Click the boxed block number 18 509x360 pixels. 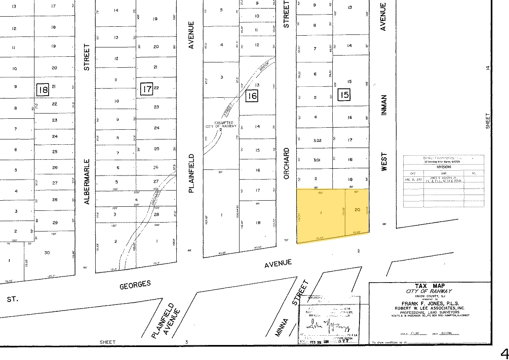[43, 90]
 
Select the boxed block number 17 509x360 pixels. [146, 89]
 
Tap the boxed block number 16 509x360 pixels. [252, 96]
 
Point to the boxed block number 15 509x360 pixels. [344, 95]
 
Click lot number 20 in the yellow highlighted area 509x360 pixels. [357, 210]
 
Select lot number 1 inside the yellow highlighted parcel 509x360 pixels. [321, 212]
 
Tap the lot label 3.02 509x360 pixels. [317, 140]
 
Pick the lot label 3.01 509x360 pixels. [317, 160]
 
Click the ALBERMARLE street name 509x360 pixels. [87, 181]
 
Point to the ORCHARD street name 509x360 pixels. [287, 163]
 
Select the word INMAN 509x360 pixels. [384, 105]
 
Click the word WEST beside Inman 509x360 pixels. [384, 161]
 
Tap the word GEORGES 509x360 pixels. [135, 285]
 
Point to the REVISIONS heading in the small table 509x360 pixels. [443, 166]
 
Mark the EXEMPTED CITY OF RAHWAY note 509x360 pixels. [221, 124]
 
